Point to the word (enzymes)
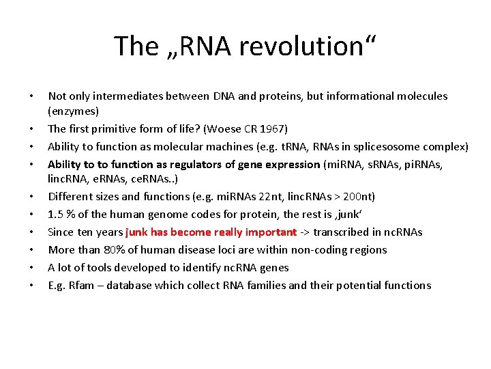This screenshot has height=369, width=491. (x=73, y=111)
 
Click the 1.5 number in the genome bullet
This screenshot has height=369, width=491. (x=55, y=215)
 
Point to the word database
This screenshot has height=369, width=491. (x=130, y=286)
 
